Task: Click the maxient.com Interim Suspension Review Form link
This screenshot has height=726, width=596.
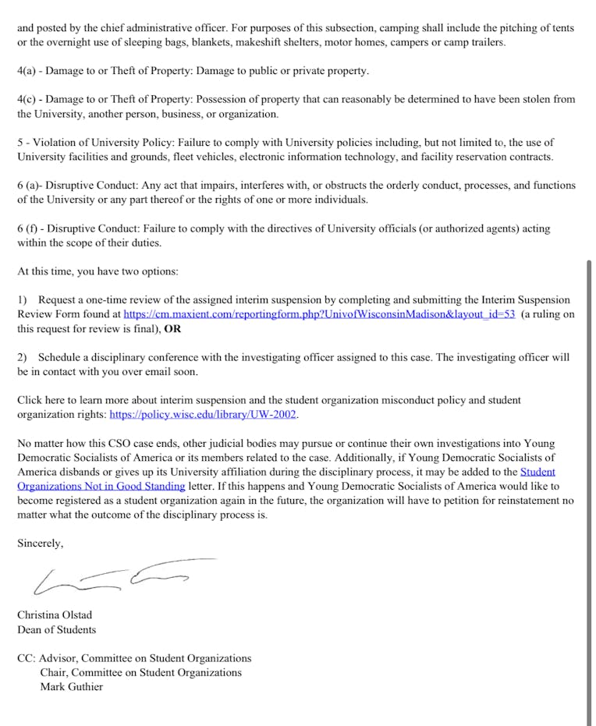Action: click(x=319, y=314)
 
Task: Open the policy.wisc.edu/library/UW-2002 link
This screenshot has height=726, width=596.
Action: click(x=203, y=414)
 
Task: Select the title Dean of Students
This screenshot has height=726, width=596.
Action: click(x=56, y=629)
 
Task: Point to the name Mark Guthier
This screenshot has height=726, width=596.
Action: click(x=71, y=687)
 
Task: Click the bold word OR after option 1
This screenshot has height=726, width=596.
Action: click(x=172, y=328)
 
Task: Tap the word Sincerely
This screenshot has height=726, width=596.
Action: click(x=41, y=544)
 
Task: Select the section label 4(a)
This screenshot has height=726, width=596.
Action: click(x=27, y=71)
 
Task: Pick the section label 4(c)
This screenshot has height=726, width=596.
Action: click(x=27, y=100)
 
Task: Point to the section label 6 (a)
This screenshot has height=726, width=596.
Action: click(x=30, y=186)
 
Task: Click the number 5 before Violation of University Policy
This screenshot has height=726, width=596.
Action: click(x=20, y=143)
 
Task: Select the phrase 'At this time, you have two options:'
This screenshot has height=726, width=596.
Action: click(x=98, y=271)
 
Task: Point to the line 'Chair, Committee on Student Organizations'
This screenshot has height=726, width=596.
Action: click(x=140, y=672)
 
